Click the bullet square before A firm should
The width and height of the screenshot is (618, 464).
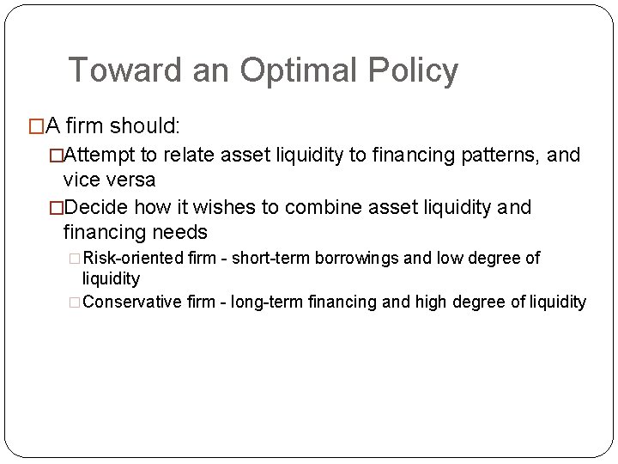pyautogui.click(x=35, y=127)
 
